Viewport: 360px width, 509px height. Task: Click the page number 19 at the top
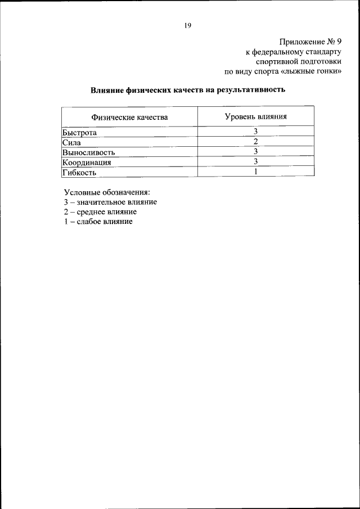tap(188, 25)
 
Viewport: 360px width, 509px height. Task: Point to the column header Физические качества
tap(130, 118)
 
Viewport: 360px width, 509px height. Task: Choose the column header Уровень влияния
tap(255, 117)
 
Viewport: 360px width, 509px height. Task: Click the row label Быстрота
tap(79, 132)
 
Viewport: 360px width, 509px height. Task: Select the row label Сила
tap(71, 142)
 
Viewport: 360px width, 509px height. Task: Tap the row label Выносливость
tap(88, 152)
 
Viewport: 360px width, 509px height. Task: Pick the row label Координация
tap(87, 162)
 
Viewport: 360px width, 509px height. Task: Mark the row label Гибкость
tap(79, 172)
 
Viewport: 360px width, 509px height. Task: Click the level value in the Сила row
tap(255, 141)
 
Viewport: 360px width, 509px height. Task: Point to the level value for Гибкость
tap(255, 172)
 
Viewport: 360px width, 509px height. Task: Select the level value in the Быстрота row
tap(255, 131)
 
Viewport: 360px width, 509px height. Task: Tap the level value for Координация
tap(255, 161)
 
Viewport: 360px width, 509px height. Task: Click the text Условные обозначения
tap(107, 192)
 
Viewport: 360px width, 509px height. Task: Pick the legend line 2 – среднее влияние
tap(100, 212)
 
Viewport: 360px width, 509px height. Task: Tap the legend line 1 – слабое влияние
tap(98, 222)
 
